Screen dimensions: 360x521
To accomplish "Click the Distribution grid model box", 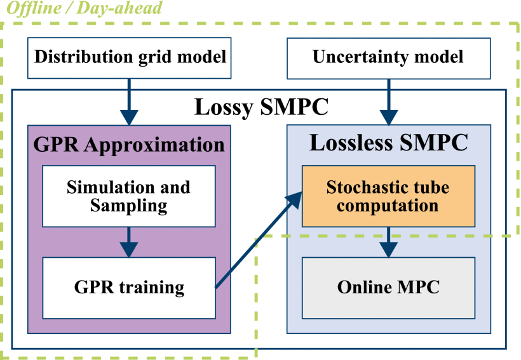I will (130, 57).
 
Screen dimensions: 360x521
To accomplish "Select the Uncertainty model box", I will (388, 57).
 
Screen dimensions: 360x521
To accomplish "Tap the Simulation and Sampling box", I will (129, 196).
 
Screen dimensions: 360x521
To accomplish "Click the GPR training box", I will (129, 287).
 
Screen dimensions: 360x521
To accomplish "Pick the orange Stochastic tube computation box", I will (388, 196).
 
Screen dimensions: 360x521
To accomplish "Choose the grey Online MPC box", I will (388, 287).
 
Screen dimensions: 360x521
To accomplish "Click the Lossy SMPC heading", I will (261, 107).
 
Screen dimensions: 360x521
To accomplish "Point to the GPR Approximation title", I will (129, 144).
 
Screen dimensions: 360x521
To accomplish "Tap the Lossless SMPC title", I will (388, 142).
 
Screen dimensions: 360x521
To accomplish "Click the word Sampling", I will (129, 205).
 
